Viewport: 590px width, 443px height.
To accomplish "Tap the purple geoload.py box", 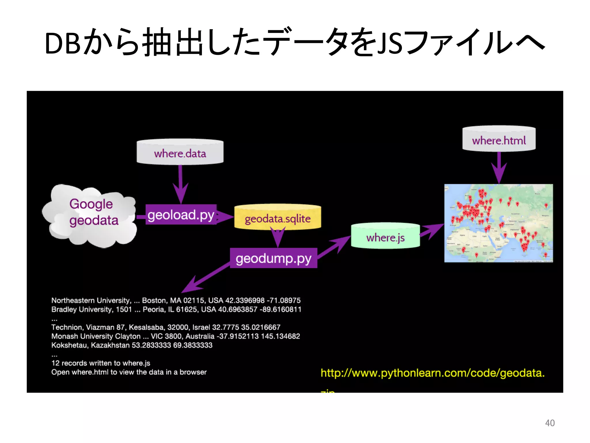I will pyautogui.click(x=181, y=215).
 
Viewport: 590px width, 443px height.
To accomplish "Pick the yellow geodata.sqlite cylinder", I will pyautogui.click(x=277, y=218).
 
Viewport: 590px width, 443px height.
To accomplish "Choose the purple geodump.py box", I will pyautogui.click(x=273, y=258).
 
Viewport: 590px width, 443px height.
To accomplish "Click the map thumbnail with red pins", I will pyautogui.click(x=498, y=223).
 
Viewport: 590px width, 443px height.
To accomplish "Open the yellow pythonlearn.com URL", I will pyautogui.click(x=432, y=373).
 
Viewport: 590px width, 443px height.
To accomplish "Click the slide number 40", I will pyautogui.click(x=550, y=423).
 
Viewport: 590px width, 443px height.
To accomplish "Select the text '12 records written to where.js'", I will pyautogui.click(x=101, y=363).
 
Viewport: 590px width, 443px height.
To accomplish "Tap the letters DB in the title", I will pyautogui.click(x=63, y=43).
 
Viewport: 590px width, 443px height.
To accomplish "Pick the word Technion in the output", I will pyautogui.click(x=67, y=327).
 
